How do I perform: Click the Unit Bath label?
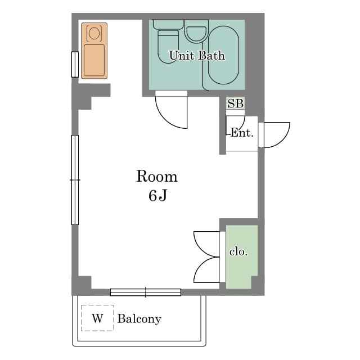tap(197, 56)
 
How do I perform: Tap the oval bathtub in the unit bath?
tap(223, 55)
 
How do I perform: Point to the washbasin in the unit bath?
tap(196, 34)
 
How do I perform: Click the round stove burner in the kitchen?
tap(94, 34)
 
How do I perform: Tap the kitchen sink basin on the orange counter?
tap(94, 60)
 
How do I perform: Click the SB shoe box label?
tap(235, 103)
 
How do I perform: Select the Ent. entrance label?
tap(242, 133)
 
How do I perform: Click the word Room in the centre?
tap(157, 176)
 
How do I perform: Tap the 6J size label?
tap(157, 196)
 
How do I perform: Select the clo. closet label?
tap(238, 252)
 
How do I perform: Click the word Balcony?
tap(139, 319)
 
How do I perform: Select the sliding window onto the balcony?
tap(146, 292)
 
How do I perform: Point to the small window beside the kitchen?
tap(75, 64)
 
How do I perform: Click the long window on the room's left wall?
tap(75, 180)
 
